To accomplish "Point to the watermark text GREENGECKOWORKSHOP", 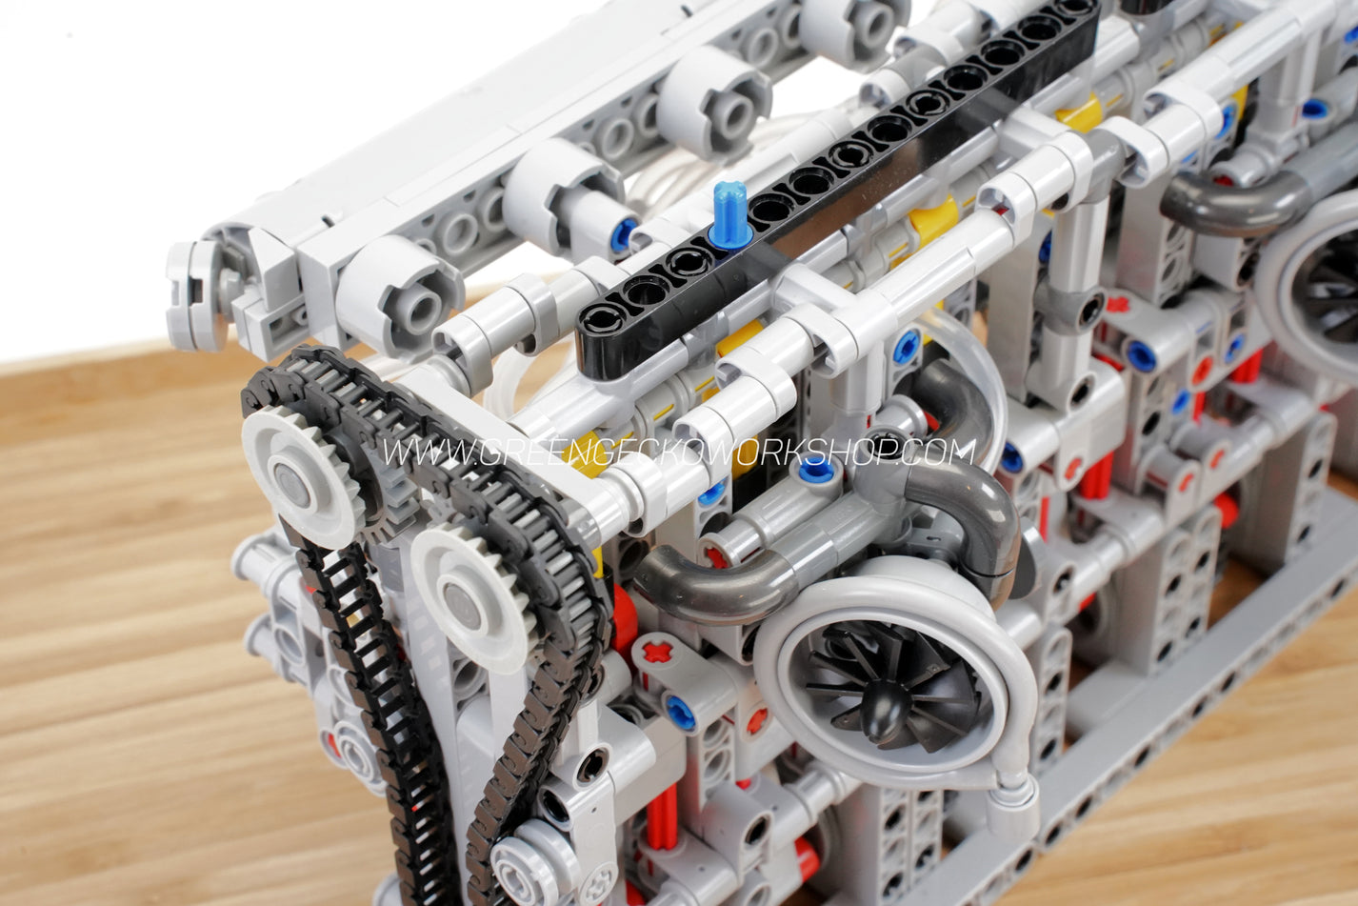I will click(x=678, y=452).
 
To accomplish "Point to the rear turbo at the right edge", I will click(x=1319, y=276).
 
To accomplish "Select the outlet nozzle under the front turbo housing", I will click(x=1011, y=795).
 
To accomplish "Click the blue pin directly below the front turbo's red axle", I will click(x=680, y=713).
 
